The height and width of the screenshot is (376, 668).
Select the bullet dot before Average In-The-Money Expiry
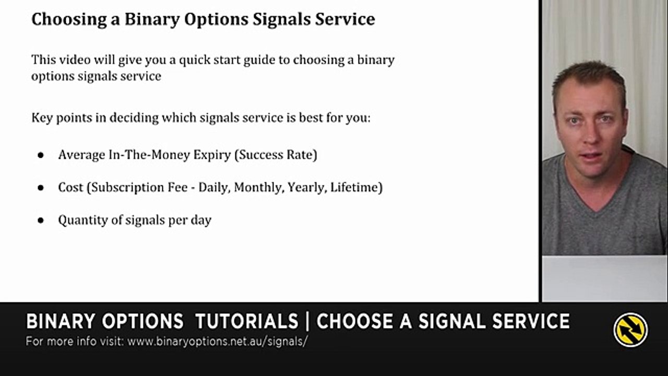pos(41,156)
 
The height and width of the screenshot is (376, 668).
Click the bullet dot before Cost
pos(41,188)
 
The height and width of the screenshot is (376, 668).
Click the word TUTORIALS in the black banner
pos(246,321)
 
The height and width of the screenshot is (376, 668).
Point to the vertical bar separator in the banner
pos(307,321)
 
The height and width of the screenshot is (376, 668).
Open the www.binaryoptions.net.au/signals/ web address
pos(218,342)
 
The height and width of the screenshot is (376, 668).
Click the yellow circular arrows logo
pos(630,330)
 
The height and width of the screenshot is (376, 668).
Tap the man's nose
pos(590,137)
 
